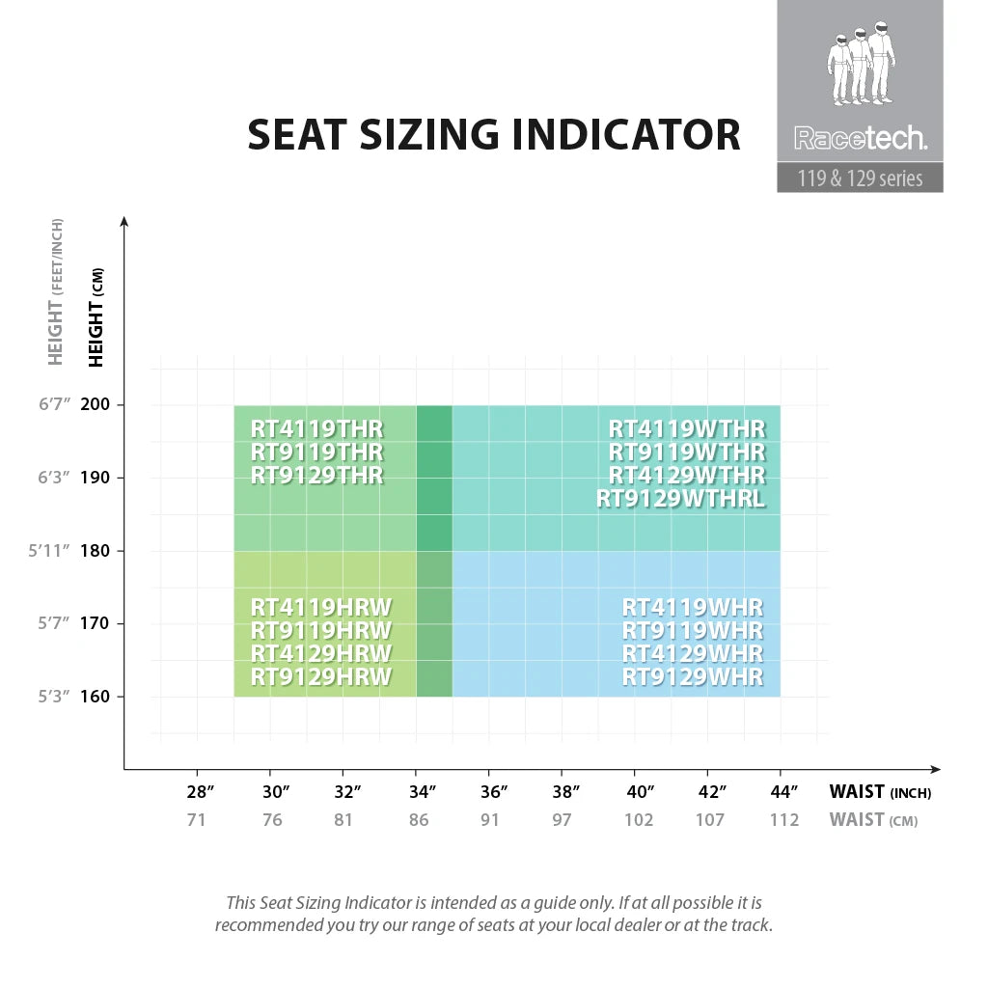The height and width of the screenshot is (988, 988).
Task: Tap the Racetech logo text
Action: coord(860,139)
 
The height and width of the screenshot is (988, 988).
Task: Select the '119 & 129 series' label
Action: coord(860,178)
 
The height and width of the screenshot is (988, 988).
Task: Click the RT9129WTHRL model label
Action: coord(680,499)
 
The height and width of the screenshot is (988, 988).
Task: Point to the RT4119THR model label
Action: coord(316,428)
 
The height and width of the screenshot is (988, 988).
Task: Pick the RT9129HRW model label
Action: coord(321,677)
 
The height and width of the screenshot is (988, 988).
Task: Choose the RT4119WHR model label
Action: coord(693,608)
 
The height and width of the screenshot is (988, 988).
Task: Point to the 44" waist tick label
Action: coord(784,793)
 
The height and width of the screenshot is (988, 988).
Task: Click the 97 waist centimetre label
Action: coord(562,820)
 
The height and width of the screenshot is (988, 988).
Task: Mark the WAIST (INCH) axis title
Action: coord(880,793)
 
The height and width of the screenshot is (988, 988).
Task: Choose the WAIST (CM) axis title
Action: coord(873,820)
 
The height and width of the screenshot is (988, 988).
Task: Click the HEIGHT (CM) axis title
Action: coord(96,316)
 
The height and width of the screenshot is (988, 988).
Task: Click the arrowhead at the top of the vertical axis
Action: coord(123,222)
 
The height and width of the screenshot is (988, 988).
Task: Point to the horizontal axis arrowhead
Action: coord(934,769)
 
